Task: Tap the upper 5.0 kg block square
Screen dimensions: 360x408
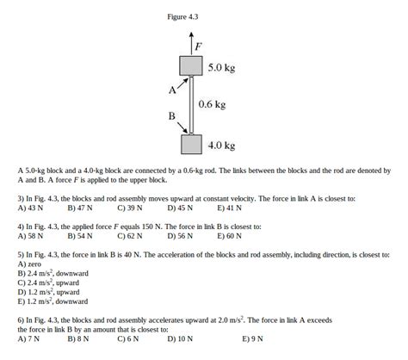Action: (x=191, y=65)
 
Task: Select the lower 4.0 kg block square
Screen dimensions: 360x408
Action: (x=191, y=144)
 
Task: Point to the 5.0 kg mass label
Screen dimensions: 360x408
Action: (x=222, y=66)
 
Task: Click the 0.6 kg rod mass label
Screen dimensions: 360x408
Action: (x=212, y=104)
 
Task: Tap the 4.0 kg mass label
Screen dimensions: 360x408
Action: (x=222, y=146)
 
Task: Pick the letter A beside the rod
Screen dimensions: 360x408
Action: (x=172, y=89)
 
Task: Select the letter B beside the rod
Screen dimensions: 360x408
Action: (x=172, y=115)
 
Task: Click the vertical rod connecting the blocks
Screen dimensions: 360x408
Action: (x=191, y=104)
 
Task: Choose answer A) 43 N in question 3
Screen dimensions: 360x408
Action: (x=30, y=208)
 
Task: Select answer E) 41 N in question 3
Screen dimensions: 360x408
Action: (x=229, y=208)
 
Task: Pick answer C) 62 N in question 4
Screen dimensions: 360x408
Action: (x=129, y=236)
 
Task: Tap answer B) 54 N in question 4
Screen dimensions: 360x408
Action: (x=80, y=236)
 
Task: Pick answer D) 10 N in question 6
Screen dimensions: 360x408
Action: (x=181, y=338)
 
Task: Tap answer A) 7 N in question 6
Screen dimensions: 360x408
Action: (x=28, y=338)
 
